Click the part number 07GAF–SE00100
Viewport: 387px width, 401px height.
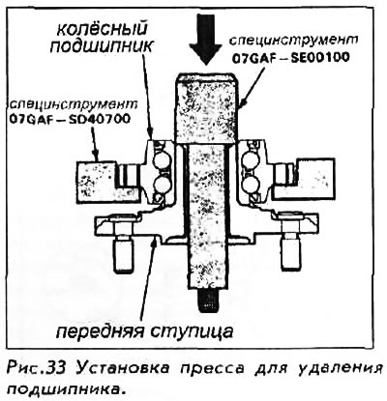click(290, 58)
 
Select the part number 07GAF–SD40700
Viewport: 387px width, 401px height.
click(70, 119)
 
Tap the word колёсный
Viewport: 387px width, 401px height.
click(102, 29)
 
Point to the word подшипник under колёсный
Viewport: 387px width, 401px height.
click(101, 46)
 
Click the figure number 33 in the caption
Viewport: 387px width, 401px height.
click(57, 367)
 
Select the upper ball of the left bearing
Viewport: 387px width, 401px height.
click(161, 160)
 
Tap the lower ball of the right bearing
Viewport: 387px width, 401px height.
click(252, 186)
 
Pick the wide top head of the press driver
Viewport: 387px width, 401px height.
click(207, 109)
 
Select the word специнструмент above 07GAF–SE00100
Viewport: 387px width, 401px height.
click(293, 41)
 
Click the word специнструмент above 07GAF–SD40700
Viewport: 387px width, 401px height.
click(74, 104)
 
